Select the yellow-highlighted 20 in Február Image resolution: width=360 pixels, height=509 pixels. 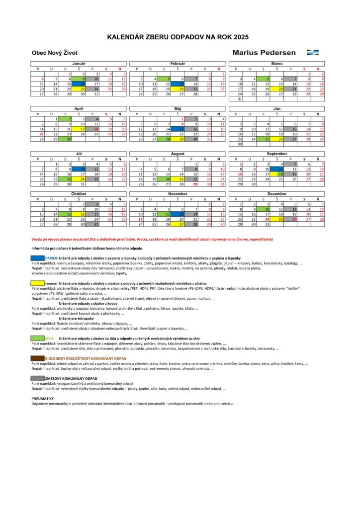[182, 89]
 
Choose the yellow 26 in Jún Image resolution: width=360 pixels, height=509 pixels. [281, 139]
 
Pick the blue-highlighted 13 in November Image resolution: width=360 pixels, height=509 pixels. [182, 214]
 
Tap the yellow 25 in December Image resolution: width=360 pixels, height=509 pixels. [281, 219]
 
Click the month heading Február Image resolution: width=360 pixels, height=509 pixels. [178, 64]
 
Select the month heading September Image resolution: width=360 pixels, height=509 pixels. [276, 154]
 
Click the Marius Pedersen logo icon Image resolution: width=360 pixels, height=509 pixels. [313, 52]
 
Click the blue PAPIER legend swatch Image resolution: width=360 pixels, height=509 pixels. [38, 258]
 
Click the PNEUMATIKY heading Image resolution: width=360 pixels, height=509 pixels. [42, 398]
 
